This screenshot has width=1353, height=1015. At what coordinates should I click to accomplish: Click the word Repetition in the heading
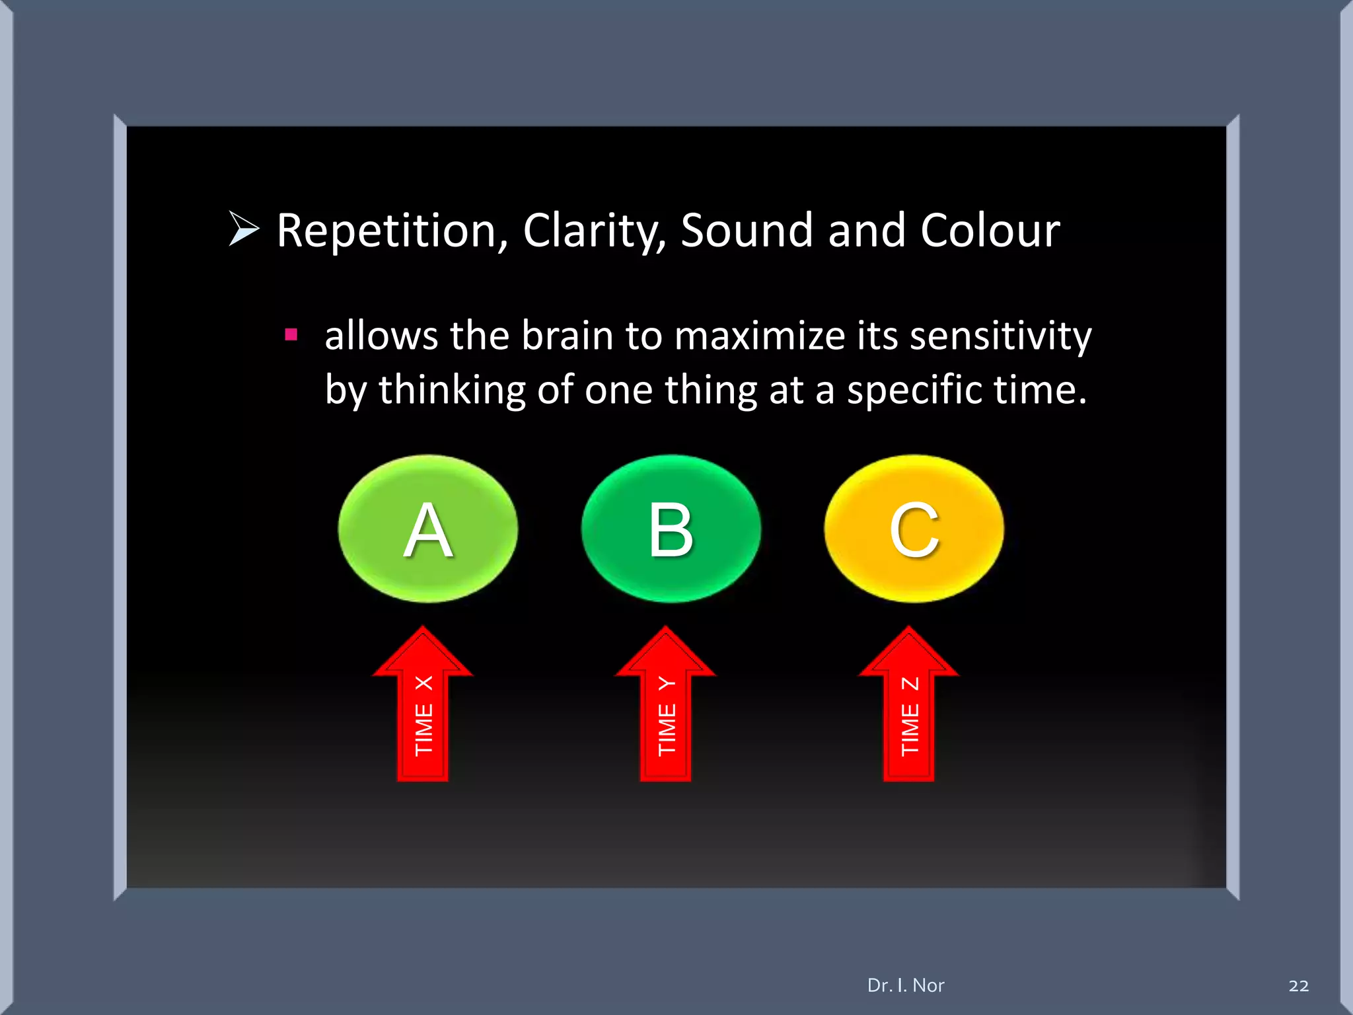(x=386, y=231)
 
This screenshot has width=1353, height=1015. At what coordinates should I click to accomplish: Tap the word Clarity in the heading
(x=593, y=231)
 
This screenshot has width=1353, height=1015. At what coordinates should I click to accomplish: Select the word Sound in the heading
(x=746, y=231)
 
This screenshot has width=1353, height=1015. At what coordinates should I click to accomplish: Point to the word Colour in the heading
(x=990, y=231)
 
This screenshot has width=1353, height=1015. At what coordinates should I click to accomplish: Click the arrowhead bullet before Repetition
(x=244, y=229)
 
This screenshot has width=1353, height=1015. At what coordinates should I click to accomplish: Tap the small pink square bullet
(x=291, y=334)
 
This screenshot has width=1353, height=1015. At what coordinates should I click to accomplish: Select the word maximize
(x=758, y=335)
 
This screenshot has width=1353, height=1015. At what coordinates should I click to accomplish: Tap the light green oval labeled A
(x=427, y=529)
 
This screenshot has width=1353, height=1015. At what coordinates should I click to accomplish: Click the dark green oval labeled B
(x=671, y=529)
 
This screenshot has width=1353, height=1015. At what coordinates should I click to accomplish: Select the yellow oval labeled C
(x=914, y=529)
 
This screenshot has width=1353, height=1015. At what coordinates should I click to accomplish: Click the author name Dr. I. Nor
(x=906, y=985)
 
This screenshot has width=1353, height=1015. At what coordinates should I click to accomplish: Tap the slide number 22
(x=1298, y=986)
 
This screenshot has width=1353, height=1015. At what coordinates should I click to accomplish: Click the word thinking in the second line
(x=451, y=389)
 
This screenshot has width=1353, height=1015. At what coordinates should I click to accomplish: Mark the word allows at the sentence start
(x=381, y=335)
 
